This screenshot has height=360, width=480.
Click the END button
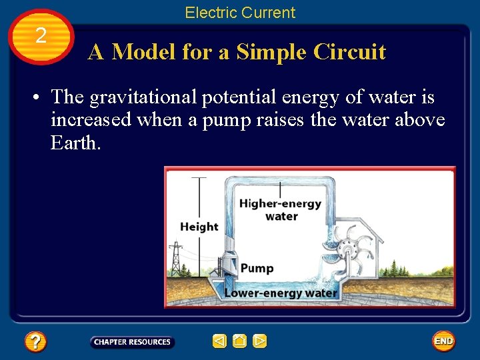[x=443, y=341]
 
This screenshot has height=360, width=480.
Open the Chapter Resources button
[x=132, y=342]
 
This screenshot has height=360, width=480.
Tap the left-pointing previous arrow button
[x=219, y=341]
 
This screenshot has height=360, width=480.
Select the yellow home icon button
[x=239, y=341]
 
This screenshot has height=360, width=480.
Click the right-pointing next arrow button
[x=260, y=341]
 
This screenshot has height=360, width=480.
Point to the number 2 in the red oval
[x=41, y=36]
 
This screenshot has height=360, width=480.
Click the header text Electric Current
[x=239, y=12]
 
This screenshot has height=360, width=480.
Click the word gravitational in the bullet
[x=143, y=97]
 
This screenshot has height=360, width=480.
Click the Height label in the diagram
[x=199, y=227]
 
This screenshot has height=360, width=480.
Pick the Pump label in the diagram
[x=257, y=268]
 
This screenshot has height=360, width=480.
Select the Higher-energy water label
[x=280, y=209]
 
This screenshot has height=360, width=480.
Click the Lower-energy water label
[x=280, y=293]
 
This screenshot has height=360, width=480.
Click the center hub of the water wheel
[x=345, y=251]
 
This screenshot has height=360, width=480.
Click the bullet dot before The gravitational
[x=33, y=98]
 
